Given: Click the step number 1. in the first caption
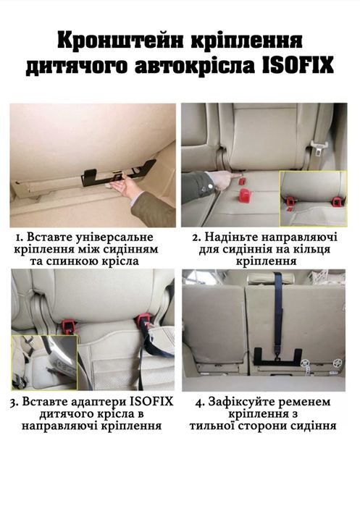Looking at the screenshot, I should tap(22, 237).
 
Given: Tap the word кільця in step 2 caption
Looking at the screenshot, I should tap(315, 250).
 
